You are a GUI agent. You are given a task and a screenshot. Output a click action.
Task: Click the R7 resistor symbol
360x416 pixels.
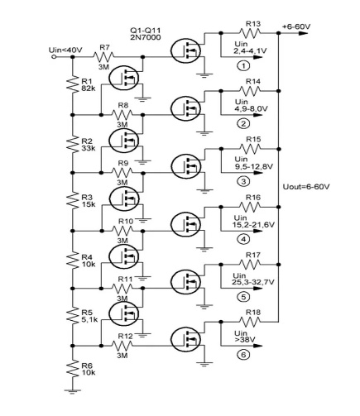[103, 57]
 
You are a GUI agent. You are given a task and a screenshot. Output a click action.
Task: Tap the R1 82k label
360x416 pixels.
[89, 85]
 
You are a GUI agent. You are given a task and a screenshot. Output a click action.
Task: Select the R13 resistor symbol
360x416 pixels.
[250, 33]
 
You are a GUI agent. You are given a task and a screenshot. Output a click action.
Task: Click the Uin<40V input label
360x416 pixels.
[65, 50]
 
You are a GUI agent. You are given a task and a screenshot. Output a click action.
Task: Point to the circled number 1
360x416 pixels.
[243, 66]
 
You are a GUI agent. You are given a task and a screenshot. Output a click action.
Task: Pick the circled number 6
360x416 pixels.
[243, 355]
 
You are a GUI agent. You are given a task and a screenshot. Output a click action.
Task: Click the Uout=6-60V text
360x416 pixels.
[306, 187]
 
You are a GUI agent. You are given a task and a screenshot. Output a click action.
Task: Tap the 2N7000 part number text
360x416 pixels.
[146, 37]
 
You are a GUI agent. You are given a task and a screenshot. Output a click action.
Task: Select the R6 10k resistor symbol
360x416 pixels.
[73, 369]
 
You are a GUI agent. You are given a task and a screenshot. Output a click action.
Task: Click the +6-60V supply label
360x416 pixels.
[296, 26]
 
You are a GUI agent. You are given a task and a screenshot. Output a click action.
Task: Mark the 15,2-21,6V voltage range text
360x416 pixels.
[253, 225]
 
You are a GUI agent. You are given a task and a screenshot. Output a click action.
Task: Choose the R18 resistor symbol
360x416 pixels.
[250, 322]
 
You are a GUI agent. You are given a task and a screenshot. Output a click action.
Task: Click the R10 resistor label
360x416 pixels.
[126, 221]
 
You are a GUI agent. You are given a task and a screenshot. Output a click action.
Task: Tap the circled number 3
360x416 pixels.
[243, 181]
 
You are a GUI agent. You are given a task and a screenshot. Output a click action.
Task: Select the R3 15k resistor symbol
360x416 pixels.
[73, 201]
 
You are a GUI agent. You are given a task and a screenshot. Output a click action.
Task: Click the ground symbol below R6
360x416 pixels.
[73, 391]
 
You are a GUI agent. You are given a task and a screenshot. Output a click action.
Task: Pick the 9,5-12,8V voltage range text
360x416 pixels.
[253, 166]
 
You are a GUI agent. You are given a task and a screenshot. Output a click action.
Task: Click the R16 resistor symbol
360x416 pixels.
[250, 207]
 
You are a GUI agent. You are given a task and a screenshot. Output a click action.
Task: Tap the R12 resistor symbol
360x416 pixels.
[122, 346]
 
